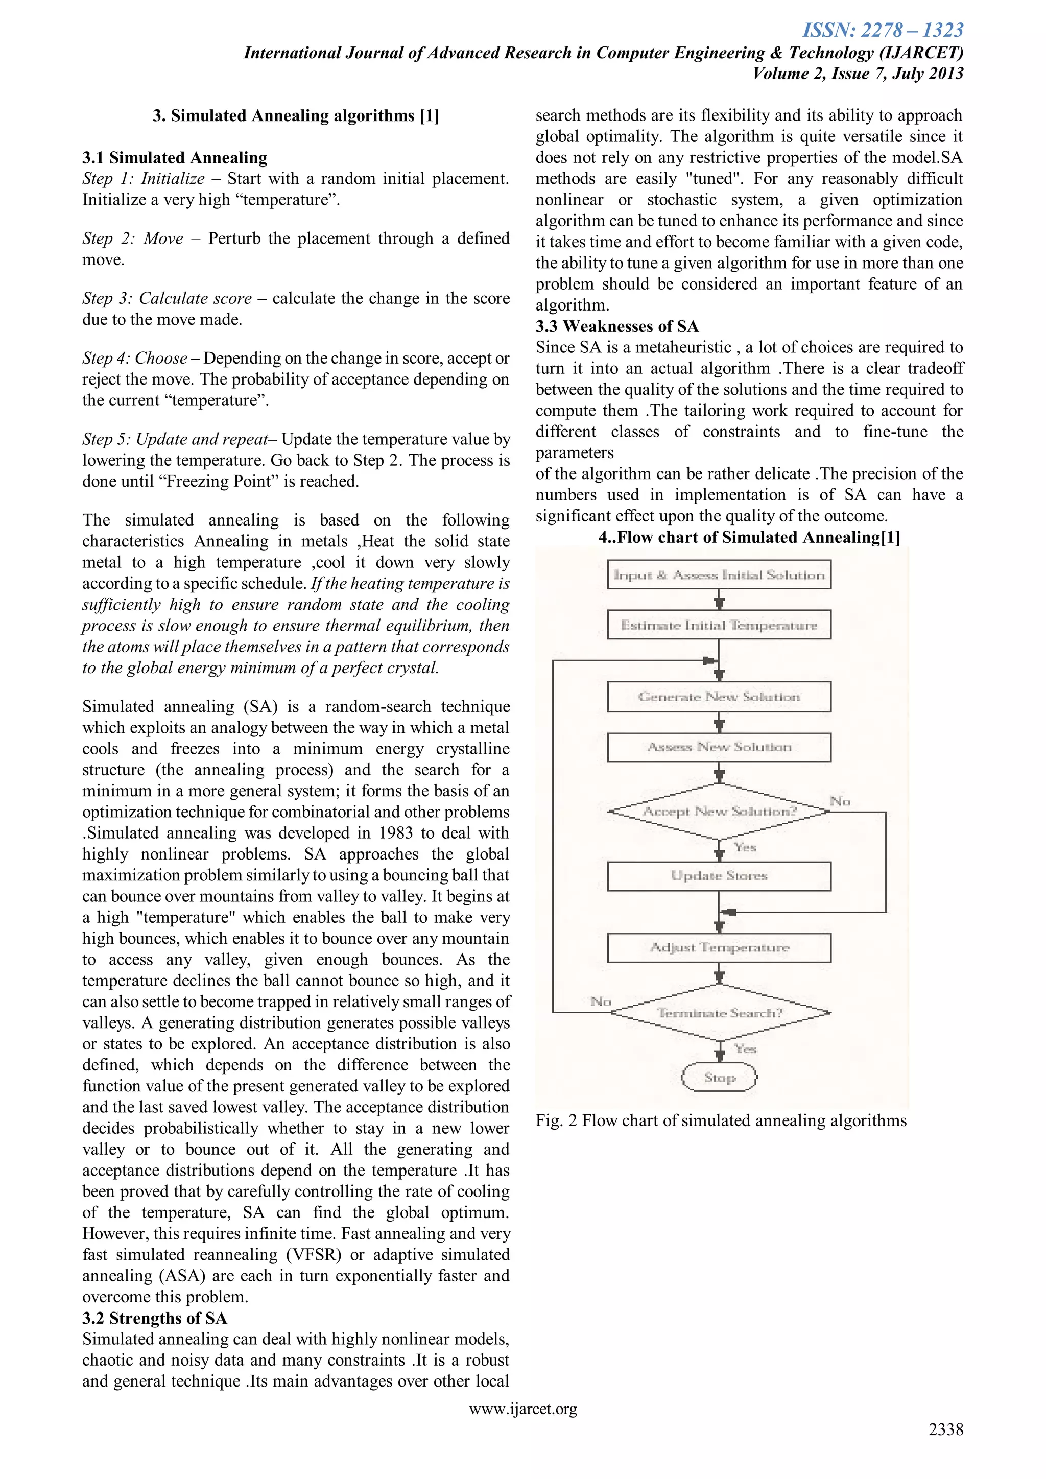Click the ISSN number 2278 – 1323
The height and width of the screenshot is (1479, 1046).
pyautogui.click(x=883, y=30)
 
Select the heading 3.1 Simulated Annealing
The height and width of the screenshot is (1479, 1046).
pyautogui.click(x=175, y=158)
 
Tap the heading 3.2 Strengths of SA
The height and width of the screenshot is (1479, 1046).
pyautogui.click(x=155, y=1318)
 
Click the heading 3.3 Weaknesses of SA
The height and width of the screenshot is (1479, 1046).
pyautogui.click(x=617, y=326)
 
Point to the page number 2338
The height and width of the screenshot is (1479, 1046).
pyautogui.click(x=945, y=1429)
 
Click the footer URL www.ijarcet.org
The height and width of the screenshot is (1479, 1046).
pyautogui.click(x=523, y=1409)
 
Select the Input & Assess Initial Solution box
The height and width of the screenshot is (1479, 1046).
pyautogui.click(x=719, y=575)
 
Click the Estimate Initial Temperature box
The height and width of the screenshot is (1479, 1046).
pyautogui.click(x=719, y=625)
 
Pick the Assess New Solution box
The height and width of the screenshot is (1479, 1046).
pyautogui.click(x=719, y=747)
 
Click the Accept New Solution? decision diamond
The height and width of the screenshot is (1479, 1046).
pyautogui.click(x=719, y=812)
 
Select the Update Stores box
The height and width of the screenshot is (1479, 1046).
pyautogui.click(x=719, y=876)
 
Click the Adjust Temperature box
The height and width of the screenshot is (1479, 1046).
pyautogui.click(x=719, y=947)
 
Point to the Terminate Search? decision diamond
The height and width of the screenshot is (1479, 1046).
pyautogui.click(x=719, y=1013)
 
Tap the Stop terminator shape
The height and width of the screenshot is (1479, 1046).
pyautogui.click(x=719, y=1078)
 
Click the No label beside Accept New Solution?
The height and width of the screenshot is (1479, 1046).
pyautogui.click(x=840, y=801)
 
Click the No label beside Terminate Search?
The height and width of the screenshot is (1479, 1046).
pyautogui.click(x=600, y=1001)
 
